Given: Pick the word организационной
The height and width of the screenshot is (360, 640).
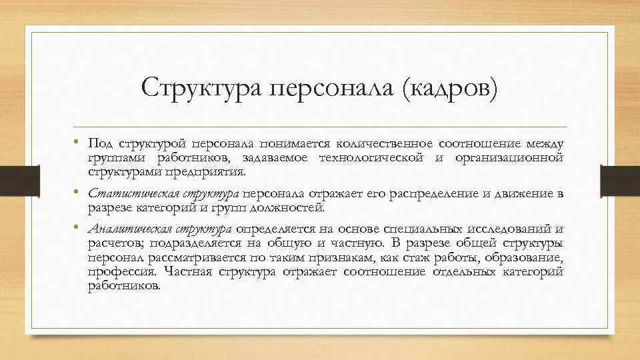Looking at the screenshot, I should [x=509, y=157].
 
